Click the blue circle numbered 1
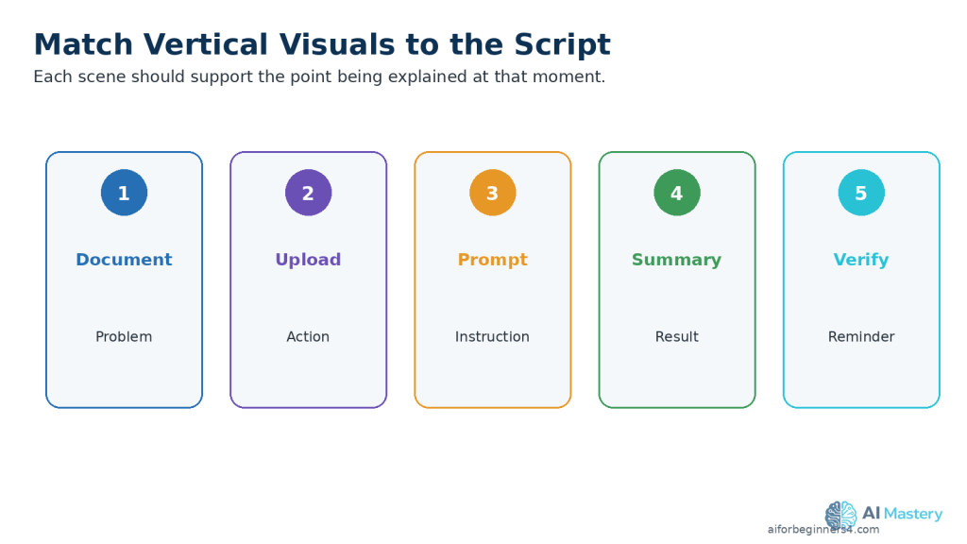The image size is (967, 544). [124, 193]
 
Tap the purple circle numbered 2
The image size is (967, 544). [309, 193]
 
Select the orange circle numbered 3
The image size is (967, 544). [493, 193]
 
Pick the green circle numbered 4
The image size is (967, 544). [677, 193]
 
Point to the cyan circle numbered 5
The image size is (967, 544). [861, 193]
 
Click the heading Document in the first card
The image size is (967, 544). [124, 259]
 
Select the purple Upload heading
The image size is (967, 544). [309, 260]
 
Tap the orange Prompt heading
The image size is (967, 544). [493, 260]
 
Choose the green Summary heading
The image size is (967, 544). [676, 260]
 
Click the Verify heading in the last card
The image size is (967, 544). [861, 260]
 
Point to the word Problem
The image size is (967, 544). [124, 337]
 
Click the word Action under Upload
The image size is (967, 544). [308, 337]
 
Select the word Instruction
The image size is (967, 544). [492, 337]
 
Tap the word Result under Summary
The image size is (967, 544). [676, 337]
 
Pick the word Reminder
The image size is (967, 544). [861, 337]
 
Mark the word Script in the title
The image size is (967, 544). [562, 45]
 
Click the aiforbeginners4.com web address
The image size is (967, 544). [823, 529]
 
